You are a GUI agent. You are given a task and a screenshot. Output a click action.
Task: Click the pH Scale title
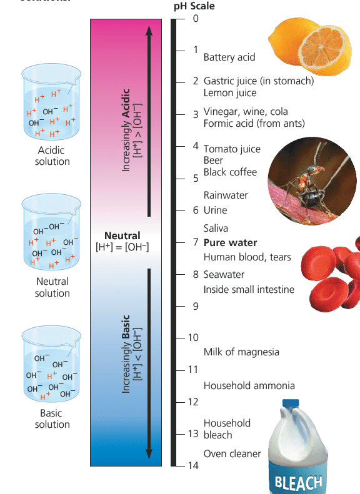[x=194, y=6]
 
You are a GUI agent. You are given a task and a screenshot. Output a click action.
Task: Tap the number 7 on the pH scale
[x=196, y=242]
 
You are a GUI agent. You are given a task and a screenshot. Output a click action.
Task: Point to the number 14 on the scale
[x=193, y=465]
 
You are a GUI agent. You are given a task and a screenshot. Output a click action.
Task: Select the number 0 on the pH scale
[x=196, y=18]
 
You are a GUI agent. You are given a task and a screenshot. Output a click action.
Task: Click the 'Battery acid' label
[x=229, y=57]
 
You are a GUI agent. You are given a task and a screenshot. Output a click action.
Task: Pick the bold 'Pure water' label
[x=230, y=242]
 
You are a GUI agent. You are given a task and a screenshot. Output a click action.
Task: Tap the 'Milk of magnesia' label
[x=241, y=352]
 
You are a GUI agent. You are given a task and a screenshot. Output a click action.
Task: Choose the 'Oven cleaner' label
[x=232, y=453]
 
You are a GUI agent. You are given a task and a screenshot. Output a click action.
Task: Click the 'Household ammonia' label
[x=249, y=385]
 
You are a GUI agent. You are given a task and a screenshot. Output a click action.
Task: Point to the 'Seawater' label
[x=224, y=274]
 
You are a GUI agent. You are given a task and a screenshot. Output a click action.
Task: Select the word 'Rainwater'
[x=226, y=195]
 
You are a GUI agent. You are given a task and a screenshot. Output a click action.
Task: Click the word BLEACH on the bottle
[x=298, y=483]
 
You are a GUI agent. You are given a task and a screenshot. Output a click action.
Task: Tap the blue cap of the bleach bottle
[x=291, y=403]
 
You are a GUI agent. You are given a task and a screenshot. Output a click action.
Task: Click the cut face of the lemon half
[x=321, y=47]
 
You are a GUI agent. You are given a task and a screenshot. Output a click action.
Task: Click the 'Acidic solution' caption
[x=52, y=156]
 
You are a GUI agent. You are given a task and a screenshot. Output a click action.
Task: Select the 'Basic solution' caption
[x=52, y=418]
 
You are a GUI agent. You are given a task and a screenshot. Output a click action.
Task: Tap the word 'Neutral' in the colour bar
[x=122, y=235]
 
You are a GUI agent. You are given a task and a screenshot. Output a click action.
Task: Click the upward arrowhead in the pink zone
[x=149, y=31]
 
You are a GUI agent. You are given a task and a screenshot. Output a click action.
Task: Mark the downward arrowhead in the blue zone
[x=149, y=453]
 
